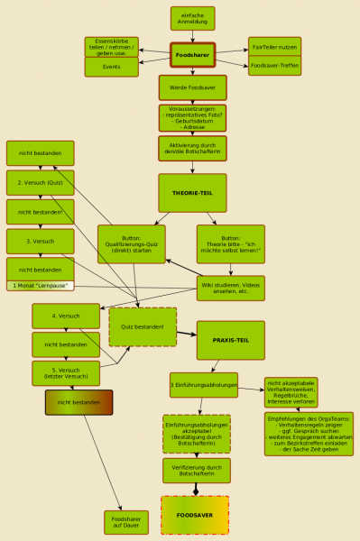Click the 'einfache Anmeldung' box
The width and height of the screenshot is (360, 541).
coord(192,18)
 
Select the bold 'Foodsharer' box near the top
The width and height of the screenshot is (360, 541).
coord(192,56)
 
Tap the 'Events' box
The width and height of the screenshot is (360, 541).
coord(112,67)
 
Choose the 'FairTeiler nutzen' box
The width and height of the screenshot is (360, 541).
coord(274,46)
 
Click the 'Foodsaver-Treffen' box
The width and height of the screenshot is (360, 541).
coord(274,66)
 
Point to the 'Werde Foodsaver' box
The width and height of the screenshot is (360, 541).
coord(192,87)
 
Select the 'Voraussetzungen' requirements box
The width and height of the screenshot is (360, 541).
coord(192,118)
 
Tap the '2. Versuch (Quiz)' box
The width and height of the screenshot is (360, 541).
coord(40,182)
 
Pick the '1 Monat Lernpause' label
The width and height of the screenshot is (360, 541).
coord(40,286)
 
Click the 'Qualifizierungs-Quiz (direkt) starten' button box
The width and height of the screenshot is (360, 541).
coord(138,243)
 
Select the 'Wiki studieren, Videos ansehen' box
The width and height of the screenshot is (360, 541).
coord(230,288)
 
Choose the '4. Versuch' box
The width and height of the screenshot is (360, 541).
coord(66,316)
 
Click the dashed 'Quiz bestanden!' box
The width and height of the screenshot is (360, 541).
coord(143,326)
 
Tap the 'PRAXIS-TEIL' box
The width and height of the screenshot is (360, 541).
coord(230,339)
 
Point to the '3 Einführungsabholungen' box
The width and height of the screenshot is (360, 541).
coord(204,385)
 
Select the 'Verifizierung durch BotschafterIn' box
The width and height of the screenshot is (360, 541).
coord(196,470)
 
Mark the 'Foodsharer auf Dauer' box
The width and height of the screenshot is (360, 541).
coord(125,522)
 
